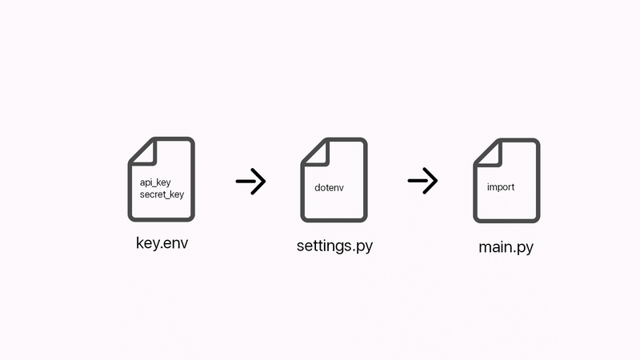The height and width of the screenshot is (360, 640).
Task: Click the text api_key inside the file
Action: pos(155,182)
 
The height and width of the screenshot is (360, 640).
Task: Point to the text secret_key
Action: pos(162,194)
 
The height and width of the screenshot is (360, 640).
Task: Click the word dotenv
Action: pos(329,188)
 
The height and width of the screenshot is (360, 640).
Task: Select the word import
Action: pos(501,187)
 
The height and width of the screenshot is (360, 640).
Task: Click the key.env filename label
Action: pos(162,243)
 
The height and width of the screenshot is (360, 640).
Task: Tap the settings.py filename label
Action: pos(334,246)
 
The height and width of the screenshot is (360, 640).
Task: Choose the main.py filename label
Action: pos(506,247)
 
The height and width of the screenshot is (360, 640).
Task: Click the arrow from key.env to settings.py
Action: pos(250,182)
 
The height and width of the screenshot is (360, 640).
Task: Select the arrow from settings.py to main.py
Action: pos(423,181)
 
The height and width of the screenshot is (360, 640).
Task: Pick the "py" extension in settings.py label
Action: pos(365,247)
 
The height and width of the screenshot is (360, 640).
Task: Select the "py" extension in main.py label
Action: pos(526,249)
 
